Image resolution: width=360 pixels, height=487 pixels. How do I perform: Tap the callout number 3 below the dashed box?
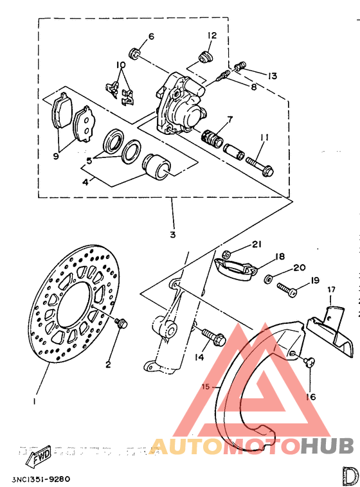click(x=172, y=235)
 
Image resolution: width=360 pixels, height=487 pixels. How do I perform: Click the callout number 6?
click(x=151, y=37)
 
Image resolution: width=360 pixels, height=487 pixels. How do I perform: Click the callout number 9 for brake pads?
click(x=56, y=155)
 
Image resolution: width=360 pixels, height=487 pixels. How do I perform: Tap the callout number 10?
click(x=120, y=66)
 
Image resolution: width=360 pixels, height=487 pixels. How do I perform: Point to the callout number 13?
click(x=273, y=76)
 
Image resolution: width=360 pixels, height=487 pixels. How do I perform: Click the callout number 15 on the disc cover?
click(x=206, y=387)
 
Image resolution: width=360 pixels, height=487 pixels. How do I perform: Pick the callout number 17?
click(x=332, y=290)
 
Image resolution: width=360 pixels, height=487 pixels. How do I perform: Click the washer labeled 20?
click(x=269, y=279)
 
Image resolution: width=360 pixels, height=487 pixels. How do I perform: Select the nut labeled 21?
click(x=227, y=254)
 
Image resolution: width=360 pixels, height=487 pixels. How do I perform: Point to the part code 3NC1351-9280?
click(x=40, y=479)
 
